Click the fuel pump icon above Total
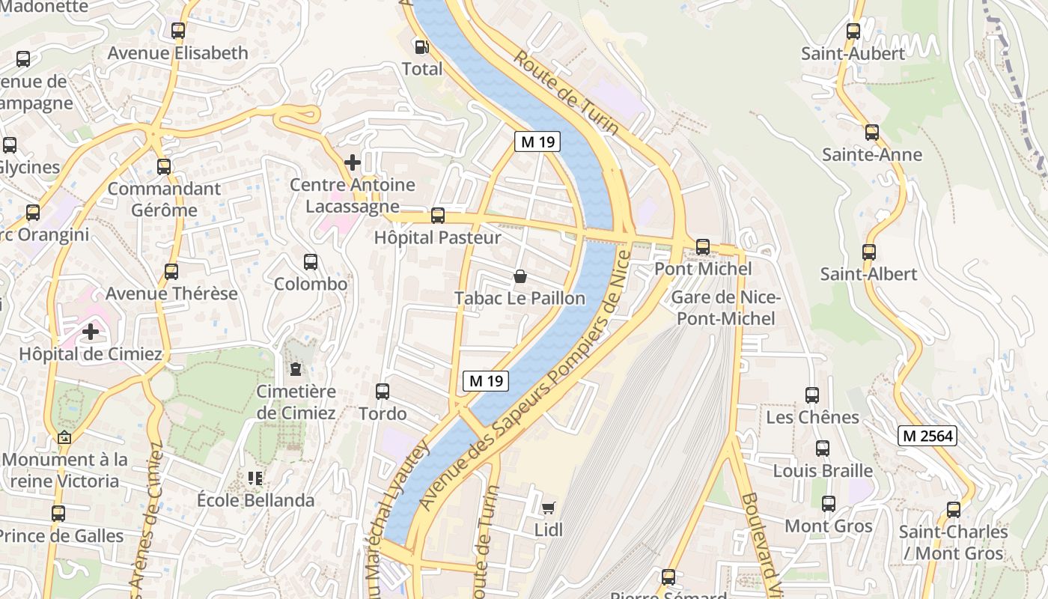(x=422, y=47)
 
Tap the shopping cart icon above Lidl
(x=548, y=508)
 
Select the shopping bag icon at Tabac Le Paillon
(x=520, y=276)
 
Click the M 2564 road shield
(x=927, y=435)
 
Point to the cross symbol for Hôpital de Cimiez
(x=91, y=331)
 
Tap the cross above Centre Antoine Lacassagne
(x=352, y=162)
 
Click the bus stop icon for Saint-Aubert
(x=853, y=31)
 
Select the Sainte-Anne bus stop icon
(x=871, y=133)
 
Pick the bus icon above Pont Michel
(x=702, y=246)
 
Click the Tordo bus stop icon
(x=382, y=391)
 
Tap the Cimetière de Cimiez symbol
(x=296, y=368)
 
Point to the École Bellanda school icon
(x=255, y=478)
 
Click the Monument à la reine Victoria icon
(x=64, y=438)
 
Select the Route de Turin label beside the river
(x=567, y=93)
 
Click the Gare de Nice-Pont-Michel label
(x=725, y=308)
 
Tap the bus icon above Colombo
(x=311, y=262)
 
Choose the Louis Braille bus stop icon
(x=822, y=449)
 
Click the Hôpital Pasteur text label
(x=439, y=238)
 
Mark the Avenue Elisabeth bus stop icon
(x=177, y=31)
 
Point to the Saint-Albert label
(x=868, y=274)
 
